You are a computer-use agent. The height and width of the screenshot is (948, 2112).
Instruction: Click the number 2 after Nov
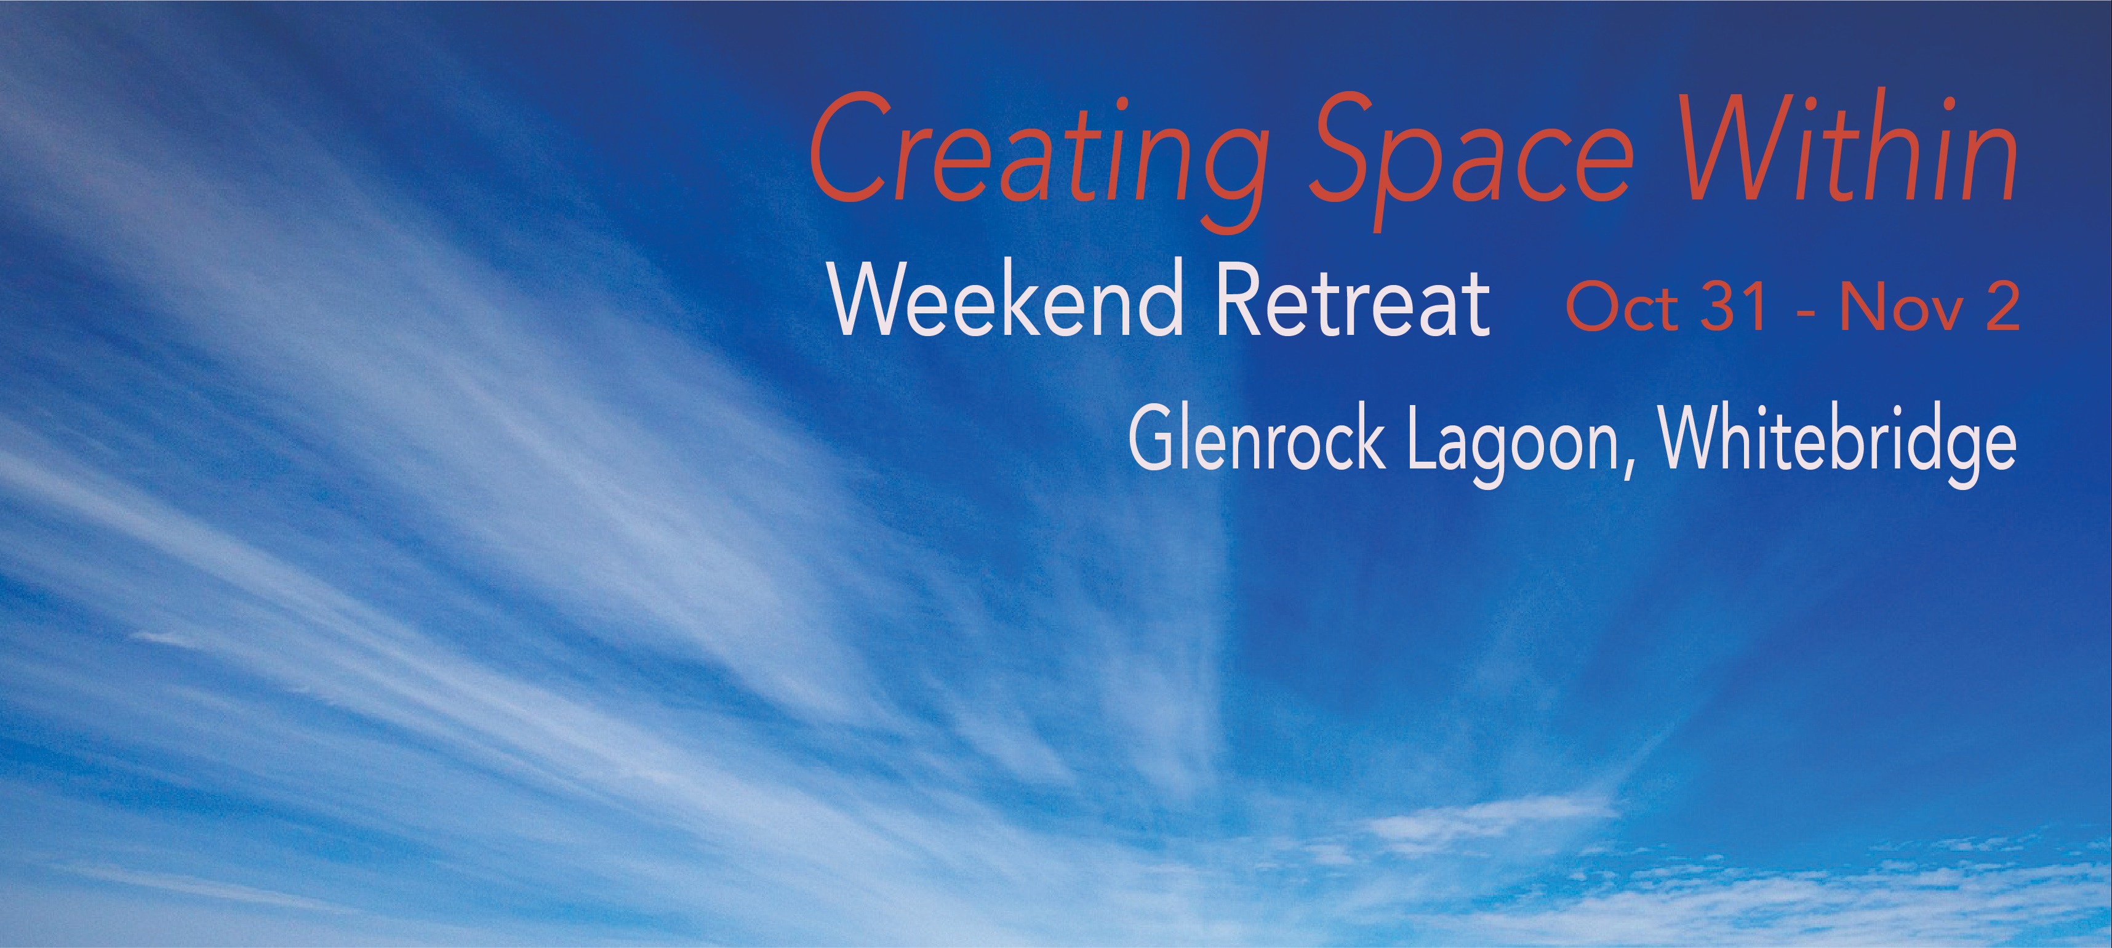point(2001,308)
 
